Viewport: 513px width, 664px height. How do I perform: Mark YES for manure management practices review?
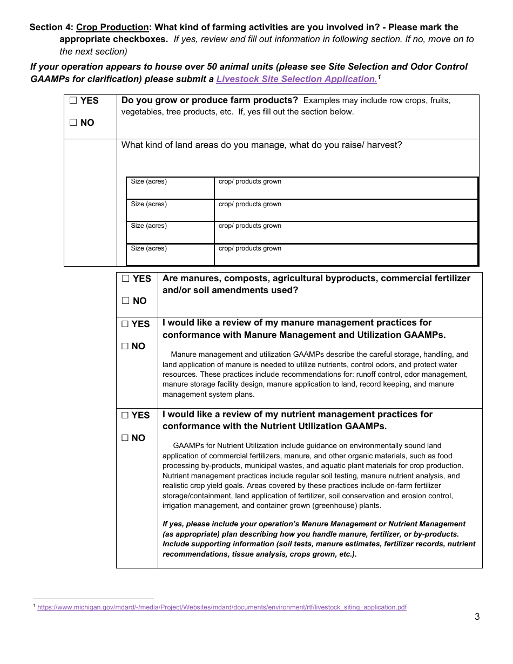tap(125, 324)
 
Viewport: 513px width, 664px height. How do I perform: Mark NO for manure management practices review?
tap(125, 347)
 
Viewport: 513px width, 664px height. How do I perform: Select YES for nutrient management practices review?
tap(125, 416)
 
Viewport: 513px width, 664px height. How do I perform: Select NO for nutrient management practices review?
tap(125, 438)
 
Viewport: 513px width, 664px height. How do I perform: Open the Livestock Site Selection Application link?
tap(296, 79)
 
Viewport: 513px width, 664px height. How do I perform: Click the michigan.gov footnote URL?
tap(221, 607)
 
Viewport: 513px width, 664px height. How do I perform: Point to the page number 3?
tap(477, 617)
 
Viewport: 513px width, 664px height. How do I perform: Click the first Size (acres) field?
tap(170, 188)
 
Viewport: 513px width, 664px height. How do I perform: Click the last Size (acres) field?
tap(170, 255)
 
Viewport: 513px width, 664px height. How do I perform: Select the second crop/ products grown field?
tap(346, 211)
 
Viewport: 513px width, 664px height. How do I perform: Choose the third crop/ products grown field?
tap(346, 233)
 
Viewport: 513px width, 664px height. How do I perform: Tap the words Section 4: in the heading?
tap(51, 27)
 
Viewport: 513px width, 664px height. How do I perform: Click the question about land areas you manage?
tap(261, 145)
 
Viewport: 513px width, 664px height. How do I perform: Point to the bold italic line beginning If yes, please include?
tap(314, 524)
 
